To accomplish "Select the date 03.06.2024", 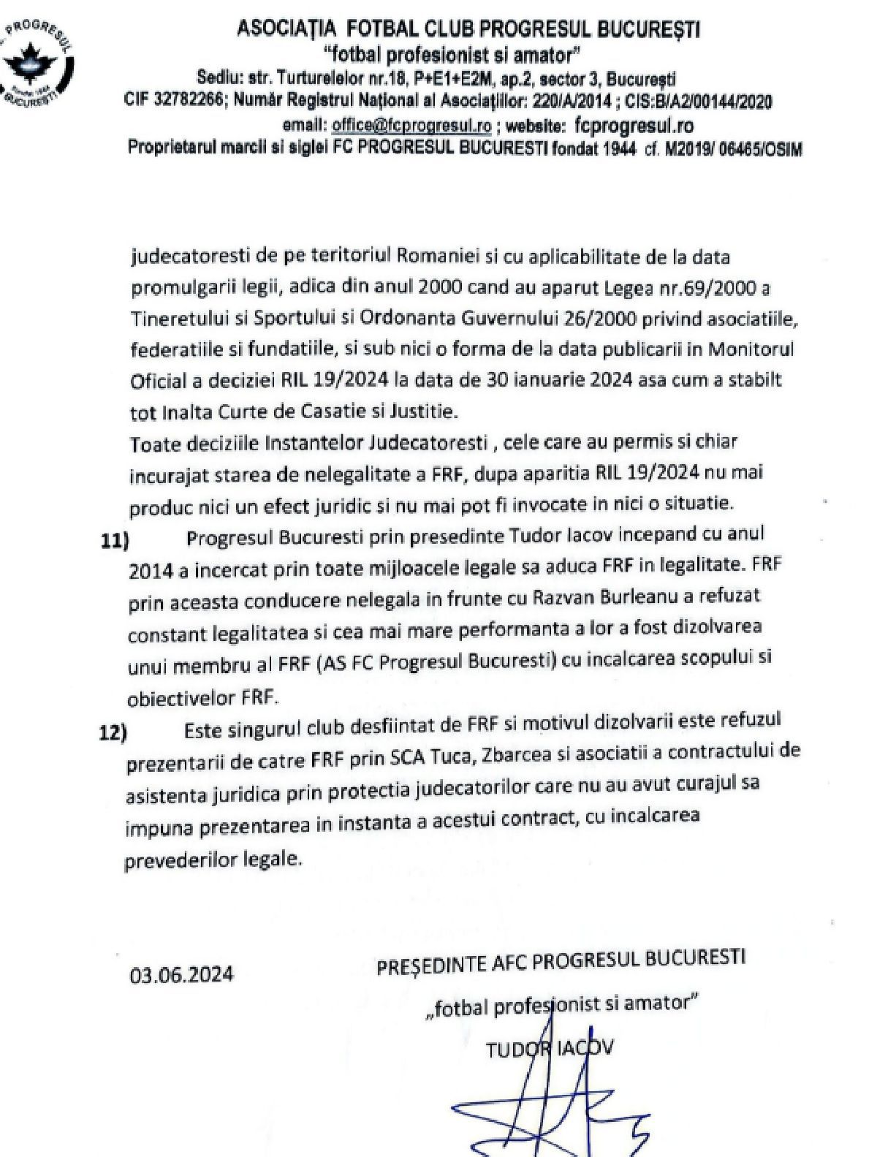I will (x=183, y=974).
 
